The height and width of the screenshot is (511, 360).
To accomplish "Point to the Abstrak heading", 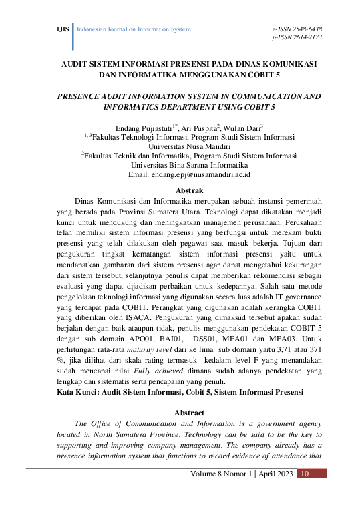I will (180, 191).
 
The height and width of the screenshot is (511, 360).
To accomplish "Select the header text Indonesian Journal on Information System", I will (135, 29).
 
